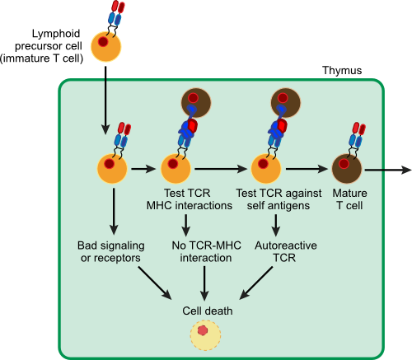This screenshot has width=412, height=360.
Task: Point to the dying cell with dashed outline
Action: click(x=204, y=334)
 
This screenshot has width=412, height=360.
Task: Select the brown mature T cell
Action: click(x=349, y=169)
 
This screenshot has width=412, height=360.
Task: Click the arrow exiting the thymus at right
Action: click(x=387, y=170)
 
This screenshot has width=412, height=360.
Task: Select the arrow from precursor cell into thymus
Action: click(x=105, y=99)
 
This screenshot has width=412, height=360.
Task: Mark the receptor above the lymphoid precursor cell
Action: click(x=115, y=13)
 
